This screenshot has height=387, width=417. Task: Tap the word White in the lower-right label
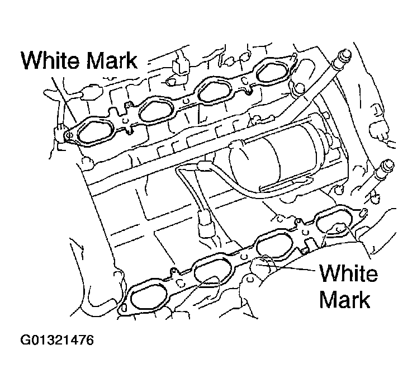(348, 274)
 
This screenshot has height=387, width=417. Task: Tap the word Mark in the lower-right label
(345, 300)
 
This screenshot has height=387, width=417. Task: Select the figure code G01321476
(56, 341)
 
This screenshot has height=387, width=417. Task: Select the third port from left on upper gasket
(215, 91)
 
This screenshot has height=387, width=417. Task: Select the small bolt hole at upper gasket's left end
(68, 134)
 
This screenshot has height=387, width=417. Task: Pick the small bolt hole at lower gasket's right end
(364, 211)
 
